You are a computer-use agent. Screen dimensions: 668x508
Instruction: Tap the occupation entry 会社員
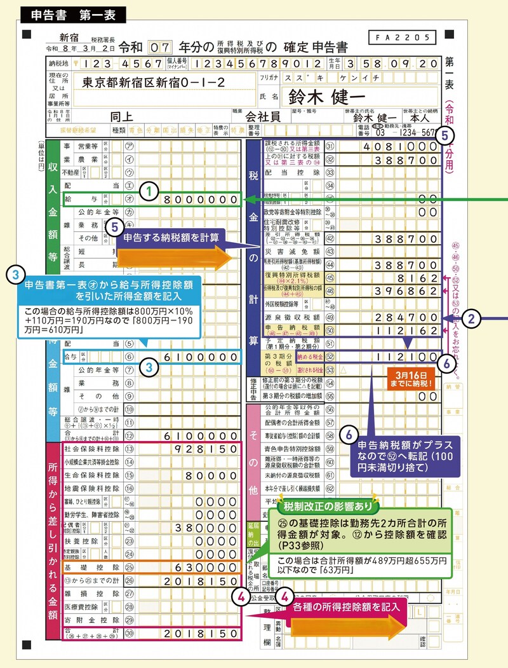pos(263,117)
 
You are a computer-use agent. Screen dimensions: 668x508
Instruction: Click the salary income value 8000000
pos(201,200)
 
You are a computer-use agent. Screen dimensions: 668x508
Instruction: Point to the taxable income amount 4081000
pos(398,146)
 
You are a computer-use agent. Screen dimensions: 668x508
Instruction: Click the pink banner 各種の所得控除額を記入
pos(350,606)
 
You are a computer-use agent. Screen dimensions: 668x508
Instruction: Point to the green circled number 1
pos(147,190)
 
